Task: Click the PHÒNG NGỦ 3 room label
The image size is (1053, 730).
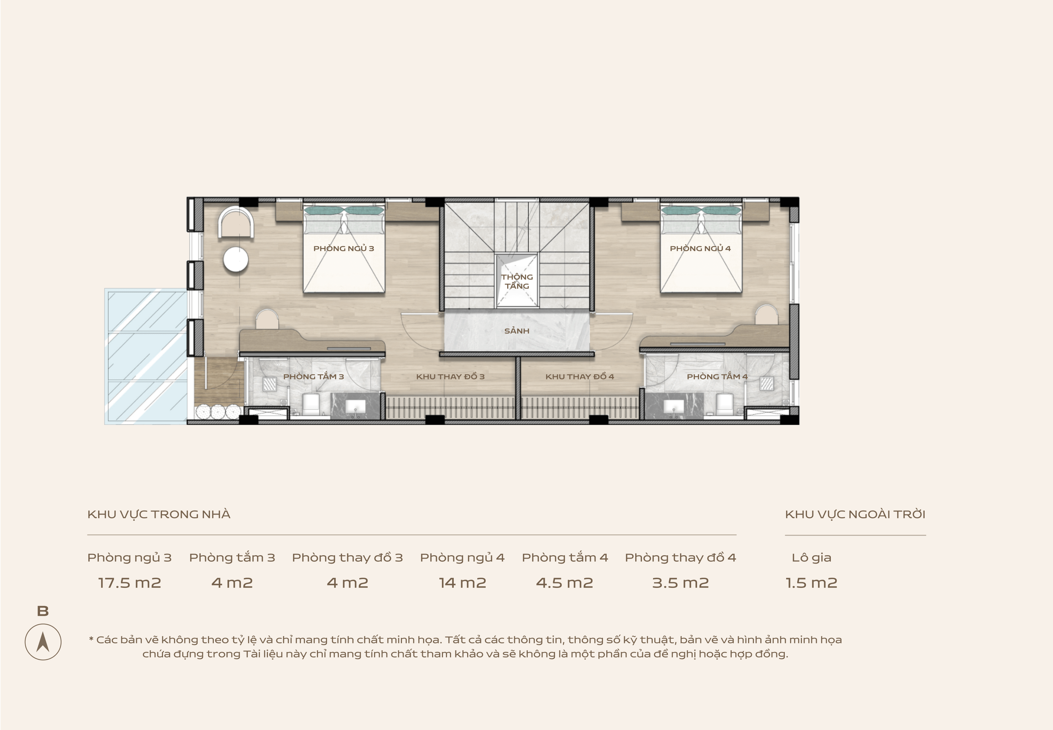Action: pyautogui.click(x=343, y=248)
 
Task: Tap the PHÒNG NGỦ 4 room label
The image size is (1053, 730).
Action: pyautogui.click(x=700, y=248)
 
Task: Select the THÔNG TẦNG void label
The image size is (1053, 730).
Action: pyautogui.click(x=517, y=281)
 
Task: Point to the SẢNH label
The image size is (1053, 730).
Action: pyautogui.click(x=517, y=331)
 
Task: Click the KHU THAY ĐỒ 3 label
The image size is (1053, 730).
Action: pyautogui.click(x=450, y=376)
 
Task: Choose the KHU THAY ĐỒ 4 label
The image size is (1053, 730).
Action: pyautogui.click(x=579, y=376)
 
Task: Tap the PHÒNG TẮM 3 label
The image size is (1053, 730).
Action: pyautogui.click(x=313, y=376)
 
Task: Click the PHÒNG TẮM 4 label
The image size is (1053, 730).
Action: pyautogui.click(x=717, y=376)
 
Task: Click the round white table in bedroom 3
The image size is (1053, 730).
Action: pyautogui.click(x=236, y=260)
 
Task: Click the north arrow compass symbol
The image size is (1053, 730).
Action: pyautogui.click(x=43, y=642)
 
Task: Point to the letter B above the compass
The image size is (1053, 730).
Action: pyautogui.click(x=43, y=611)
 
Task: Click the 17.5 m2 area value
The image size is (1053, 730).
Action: pyautogui.click(x=129, y=583)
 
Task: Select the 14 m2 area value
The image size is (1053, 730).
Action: pyautogui.click(x=462, y=583)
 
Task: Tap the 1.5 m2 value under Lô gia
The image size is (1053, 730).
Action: pyautogui.click(x=811, y=583)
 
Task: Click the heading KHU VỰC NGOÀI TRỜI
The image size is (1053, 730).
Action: pyautogui.click(x=855, y=515)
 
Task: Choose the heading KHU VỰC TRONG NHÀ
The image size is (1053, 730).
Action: pyautogui.click(x=159, y=515)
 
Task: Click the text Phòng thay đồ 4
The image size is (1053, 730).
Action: pyautogui.click(x=680, y=558)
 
